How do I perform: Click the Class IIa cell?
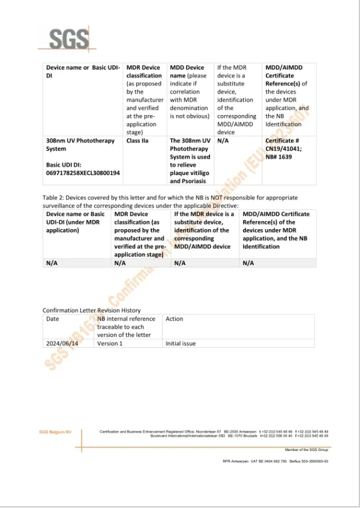pos(140,141)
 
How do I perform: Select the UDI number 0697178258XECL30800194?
pos(83,173)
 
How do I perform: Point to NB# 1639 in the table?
pos(280,157)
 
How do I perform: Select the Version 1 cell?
pos(109,344)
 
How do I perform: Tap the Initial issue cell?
pos(181,344)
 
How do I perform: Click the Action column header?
pos(174,319)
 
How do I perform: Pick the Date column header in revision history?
pos(53,319)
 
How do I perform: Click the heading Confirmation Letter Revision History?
pos(91,310)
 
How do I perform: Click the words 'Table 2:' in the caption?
pos(53,197)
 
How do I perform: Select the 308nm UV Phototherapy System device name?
pos(80,145)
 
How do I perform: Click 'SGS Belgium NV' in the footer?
pos(55,432)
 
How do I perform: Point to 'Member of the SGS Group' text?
pos(306,449)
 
